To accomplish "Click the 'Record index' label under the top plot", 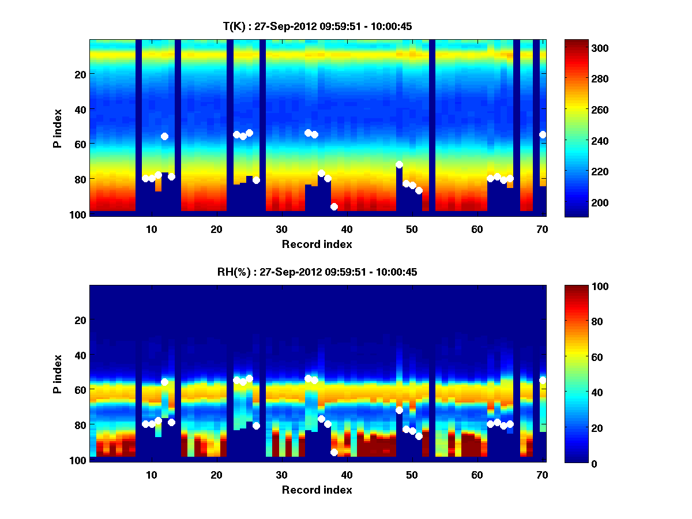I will pyautogui.click(x=317, y=244).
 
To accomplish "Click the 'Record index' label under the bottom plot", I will pyautogui.click(x=317, y=490).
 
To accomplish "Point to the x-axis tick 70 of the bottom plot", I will pyautogui.click(x=542, y=475).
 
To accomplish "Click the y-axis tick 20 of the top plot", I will pyautogui.click(x=80, y=74).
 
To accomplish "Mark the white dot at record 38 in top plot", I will pyautogui.click(x=334, y=206).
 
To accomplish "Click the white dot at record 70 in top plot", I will pyautogui.click(x=543, y=134).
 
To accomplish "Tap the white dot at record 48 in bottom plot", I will pyautogui.click(x=399, y=410).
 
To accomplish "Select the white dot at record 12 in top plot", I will pyautogui.click(x=164, y=136).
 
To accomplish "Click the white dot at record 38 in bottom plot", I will pyautogui.click(x=334, y=452).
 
